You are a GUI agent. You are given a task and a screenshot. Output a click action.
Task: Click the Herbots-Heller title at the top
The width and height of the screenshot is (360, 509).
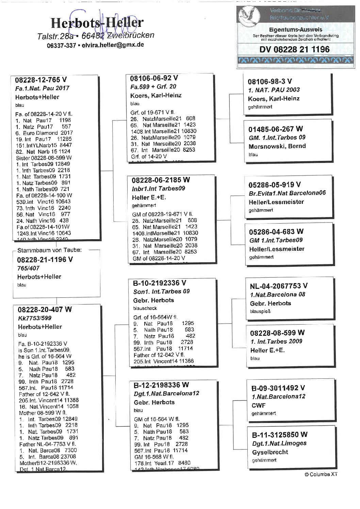97,23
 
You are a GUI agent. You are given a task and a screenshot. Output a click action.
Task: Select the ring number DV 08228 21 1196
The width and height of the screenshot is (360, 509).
294,49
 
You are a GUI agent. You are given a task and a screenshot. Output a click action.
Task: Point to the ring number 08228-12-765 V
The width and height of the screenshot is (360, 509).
41,80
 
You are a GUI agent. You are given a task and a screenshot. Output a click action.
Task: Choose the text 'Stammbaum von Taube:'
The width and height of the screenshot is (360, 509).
49,250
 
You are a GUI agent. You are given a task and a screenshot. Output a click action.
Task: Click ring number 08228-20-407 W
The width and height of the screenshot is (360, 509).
45,309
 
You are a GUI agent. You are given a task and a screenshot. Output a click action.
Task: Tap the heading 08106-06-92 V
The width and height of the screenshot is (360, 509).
154,78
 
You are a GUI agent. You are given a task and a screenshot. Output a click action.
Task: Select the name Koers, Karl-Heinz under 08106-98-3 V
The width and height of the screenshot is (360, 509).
274,99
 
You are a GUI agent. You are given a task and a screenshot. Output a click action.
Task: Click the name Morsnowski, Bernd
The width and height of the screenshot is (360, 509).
277,146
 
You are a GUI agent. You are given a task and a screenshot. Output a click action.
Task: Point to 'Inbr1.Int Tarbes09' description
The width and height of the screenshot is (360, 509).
158,188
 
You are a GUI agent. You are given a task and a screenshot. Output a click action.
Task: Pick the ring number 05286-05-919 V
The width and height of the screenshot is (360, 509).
275,184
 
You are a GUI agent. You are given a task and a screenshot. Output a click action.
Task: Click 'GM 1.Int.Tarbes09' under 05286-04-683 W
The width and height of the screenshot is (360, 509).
276,240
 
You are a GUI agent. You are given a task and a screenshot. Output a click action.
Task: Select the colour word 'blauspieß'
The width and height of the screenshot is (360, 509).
260,311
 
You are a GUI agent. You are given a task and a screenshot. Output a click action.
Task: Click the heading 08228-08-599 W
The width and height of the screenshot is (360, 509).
277,332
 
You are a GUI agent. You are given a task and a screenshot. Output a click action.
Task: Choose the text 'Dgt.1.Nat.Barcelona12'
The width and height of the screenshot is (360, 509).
166,393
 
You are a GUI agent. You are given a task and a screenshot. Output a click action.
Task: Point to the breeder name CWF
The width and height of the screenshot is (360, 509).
258,405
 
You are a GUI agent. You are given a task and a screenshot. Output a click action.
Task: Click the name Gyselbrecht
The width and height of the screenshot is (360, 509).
270,452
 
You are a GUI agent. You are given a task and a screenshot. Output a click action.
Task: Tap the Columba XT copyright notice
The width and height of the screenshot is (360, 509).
321,474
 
